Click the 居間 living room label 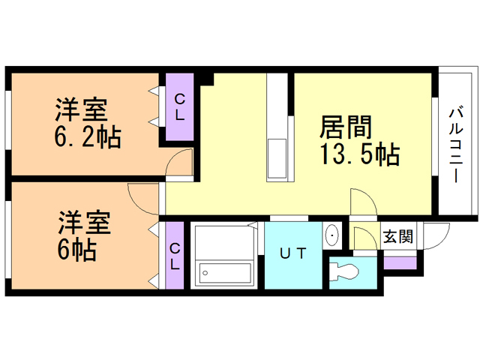346,127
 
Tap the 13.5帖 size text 360,154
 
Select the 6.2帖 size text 88,137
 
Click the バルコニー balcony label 456,144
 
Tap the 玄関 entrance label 398,236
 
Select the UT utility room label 293,253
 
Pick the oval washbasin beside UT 331,235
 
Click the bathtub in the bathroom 225,273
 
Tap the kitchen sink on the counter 277,158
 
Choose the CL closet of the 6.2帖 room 180,106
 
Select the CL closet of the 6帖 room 175,255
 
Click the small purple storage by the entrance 400,263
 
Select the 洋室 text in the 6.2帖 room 82,110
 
